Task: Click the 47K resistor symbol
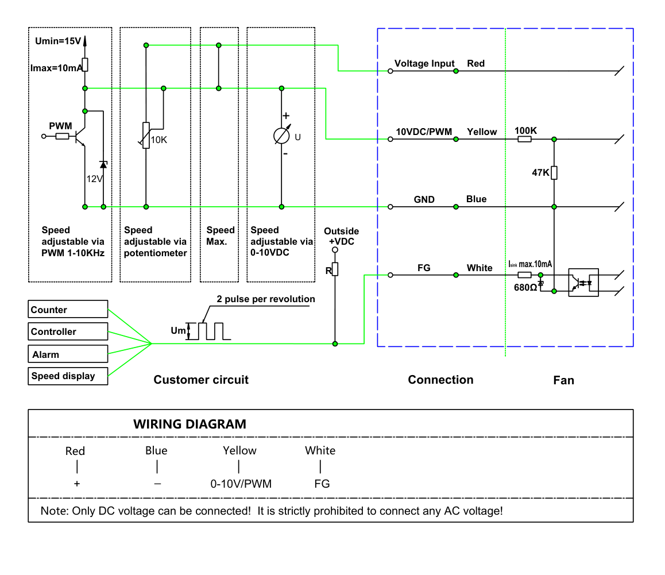click(554, 173)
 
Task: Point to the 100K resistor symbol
click(525, 139)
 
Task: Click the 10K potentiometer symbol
click(146, 136)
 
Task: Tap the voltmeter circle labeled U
click(281, 136)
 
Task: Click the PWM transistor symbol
click(79, 136)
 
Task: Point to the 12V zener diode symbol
click(103, 164)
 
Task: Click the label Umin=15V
click(57, 41)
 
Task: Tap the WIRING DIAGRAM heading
click(190, 424)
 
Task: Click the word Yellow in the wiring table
click(239, 450)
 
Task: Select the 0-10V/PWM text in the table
click(241, 484)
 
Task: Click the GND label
click(424, 199)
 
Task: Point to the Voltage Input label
click(424, 64)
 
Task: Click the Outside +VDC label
click(342, 236)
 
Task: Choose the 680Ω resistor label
click(525, 288)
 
